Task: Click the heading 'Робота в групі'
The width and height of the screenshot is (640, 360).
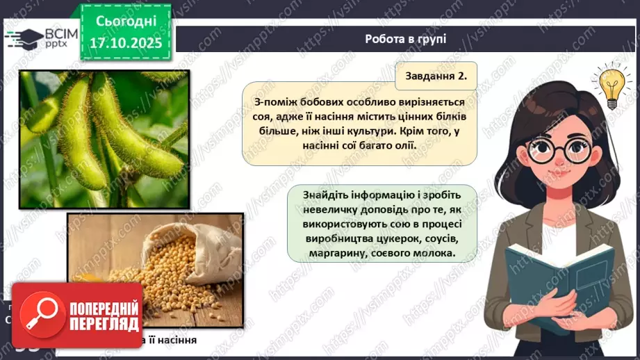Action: [405, 39]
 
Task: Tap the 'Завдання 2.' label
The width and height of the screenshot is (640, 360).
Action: [436, 75]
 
